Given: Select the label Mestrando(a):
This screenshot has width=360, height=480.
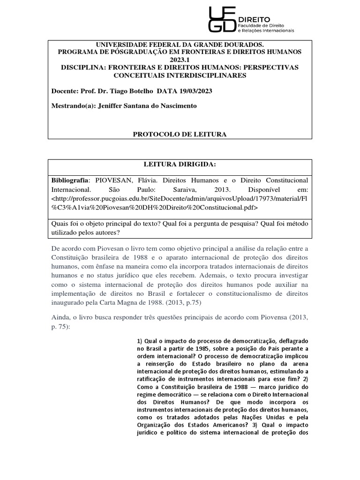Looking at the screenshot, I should [73, 105].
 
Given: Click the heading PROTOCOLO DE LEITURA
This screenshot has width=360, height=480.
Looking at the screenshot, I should [180, 134].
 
